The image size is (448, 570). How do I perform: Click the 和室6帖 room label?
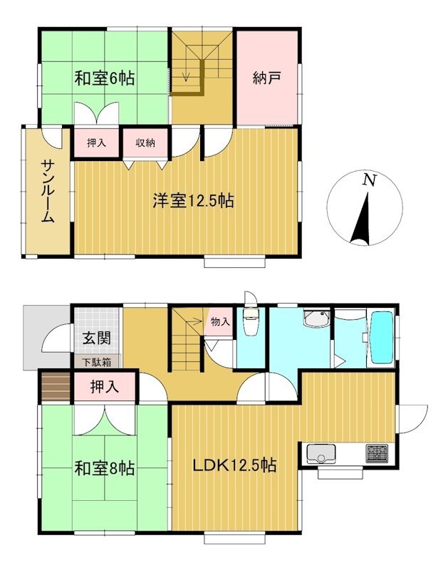tap(104, 78)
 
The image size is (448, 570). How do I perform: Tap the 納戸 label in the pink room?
tap(267, 78)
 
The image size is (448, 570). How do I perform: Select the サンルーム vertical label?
tap(48, 192)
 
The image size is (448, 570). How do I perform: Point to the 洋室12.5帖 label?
tap(193, 200)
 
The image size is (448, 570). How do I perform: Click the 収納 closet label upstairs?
tap(145, 143)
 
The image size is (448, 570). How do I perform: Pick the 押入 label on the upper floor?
tap(97, 143)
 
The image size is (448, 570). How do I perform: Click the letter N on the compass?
tap(370, 180)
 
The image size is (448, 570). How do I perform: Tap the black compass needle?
tap(362, 218)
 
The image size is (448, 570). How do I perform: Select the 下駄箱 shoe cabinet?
tap(97, 363)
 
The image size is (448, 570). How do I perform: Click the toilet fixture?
tap(250, 321)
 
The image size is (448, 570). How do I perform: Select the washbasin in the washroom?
tap(316, 318)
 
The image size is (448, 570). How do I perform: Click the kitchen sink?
tap(321, 454)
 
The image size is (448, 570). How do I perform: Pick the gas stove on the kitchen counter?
tap(377, 453)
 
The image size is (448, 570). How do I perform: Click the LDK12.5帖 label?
tap(234, 465)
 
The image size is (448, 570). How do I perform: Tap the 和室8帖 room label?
tap(105, 469)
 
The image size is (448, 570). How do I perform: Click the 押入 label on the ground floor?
tap(105, 387)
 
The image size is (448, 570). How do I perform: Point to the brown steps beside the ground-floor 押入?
tap(56, 386)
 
